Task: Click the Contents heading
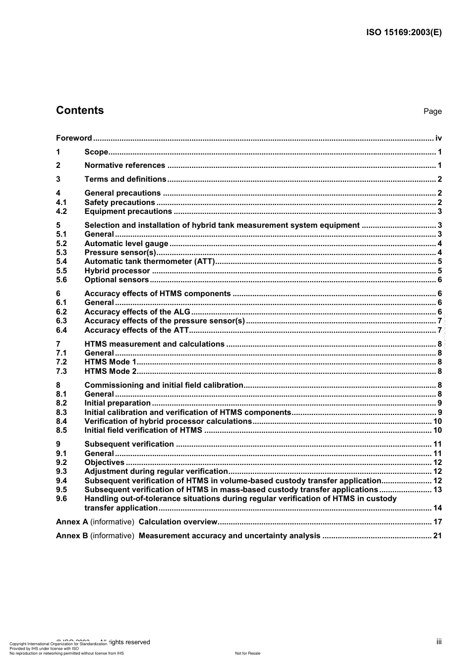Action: tap(80, 110)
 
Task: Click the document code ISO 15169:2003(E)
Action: tap(404, 33)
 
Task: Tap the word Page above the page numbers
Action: tap(432, 111)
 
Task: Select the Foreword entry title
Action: tap(74, 138)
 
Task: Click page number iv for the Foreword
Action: tap(438, 138)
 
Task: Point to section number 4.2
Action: tap(61, 211)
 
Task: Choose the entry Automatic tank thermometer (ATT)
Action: tap(149, 261)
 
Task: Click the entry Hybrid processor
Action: tap(117, 271)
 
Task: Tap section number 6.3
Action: tap(61, 321)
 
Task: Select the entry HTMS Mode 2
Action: tap(111, 371)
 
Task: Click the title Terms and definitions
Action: tap(125, 179)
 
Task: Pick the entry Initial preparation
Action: tap(118, 403)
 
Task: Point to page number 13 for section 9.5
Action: tap(437, 490)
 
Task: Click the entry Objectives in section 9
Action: tap(105, 462)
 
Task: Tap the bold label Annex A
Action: tap(72, 522)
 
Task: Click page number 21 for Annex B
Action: tap(437, 536)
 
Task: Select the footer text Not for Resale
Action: tap(247, 653)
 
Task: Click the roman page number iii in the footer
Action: tap(439, 642)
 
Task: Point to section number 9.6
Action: tap(61, 499)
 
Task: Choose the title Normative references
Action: tap(125, 165)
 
